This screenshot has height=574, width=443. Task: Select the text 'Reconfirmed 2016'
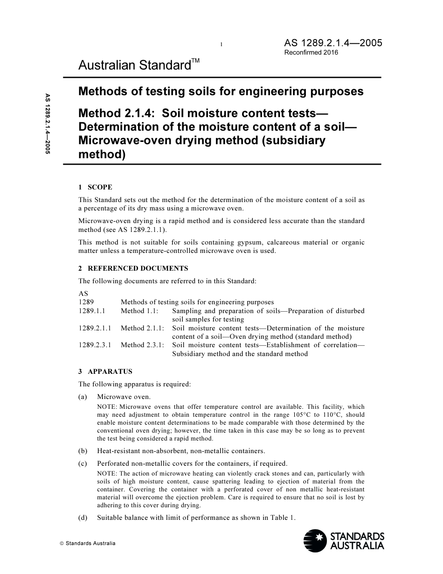point(311,52)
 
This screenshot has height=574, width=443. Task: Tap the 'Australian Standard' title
point(134,65)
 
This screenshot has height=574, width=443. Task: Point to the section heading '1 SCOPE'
point(95,187)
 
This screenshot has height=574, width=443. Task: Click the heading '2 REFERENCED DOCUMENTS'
point(133,268)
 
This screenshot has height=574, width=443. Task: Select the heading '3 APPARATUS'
point(105,371)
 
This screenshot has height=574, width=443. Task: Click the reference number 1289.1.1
point(92,311)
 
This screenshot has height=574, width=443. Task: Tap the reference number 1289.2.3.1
point(95,345)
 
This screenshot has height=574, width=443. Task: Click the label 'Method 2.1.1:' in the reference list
point(142,328)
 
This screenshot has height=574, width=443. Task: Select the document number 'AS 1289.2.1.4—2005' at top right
point(333,43)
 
